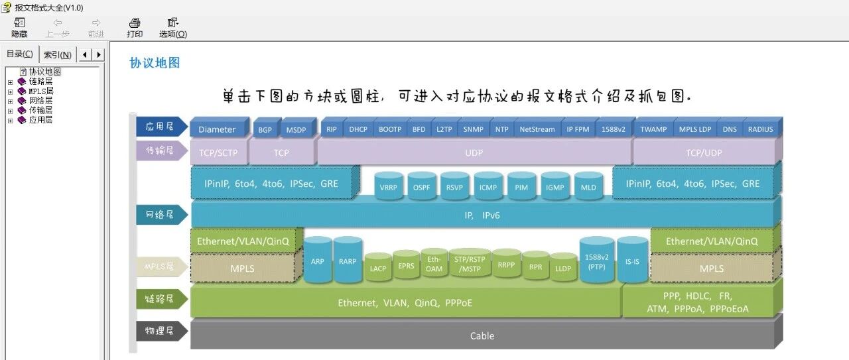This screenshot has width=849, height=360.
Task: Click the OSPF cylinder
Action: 421,186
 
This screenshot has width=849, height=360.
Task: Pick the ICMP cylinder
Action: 488,186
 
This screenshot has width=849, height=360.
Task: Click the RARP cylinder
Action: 348,260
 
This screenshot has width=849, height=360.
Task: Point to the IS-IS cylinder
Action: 632,260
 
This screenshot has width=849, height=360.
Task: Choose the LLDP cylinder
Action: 563,267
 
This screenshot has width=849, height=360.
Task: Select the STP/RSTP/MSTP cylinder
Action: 470,263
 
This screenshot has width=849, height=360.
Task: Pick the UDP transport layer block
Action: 474,152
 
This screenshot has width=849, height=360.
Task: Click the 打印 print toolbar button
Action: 135,28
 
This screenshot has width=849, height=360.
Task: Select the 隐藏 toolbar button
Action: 19,28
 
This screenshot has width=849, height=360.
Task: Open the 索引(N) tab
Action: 58,54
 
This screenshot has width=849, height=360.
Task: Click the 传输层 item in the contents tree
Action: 40,110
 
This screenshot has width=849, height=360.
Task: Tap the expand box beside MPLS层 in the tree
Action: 10,91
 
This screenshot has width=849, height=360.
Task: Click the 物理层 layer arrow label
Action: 161,331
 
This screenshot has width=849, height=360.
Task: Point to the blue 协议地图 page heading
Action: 155,63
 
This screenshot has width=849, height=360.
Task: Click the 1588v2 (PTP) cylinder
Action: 596,260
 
